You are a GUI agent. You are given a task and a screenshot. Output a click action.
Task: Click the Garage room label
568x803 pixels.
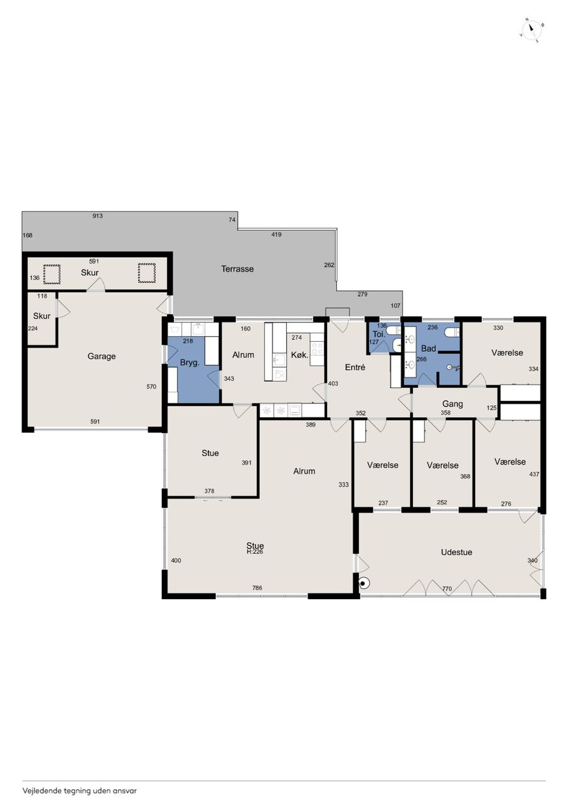coord(102,356)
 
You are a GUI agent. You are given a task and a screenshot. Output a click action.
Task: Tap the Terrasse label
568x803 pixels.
coord(237,269)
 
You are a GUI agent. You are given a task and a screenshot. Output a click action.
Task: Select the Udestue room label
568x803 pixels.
coord(456,552)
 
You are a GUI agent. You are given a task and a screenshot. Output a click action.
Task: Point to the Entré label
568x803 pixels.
coord(355,367)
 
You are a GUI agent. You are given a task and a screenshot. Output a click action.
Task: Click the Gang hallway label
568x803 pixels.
coord(453,404)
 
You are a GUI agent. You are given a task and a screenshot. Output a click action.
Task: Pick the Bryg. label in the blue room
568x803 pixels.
coord(190,363)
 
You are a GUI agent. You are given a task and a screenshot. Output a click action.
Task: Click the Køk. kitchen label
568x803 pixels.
coord(299,355)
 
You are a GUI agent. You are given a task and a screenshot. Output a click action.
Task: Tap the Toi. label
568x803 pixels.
coord(378,334)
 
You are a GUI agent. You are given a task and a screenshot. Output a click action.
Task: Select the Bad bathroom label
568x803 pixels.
coord(429,348)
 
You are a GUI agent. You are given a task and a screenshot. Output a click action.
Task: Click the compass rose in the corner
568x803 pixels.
coord(532,31)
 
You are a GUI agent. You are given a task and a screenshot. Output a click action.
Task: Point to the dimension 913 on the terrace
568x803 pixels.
coord(97,216)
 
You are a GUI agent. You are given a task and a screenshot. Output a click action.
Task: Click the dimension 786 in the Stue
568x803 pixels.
coord(257,588)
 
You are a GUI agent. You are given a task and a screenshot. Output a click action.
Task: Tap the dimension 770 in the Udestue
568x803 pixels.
coord(447,588)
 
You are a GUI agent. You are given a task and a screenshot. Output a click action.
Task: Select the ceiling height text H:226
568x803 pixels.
coord(255,551)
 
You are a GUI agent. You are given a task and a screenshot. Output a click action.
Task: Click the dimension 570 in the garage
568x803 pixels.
coord(151,386)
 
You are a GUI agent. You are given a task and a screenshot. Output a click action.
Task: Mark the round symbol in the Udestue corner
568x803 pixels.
coord(363,583)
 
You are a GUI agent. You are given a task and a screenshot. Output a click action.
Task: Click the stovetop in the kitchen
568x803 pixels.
coord(317,349)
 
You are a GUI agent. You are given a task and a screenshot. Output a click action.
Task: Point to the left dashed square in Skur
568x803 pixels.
coord(51,274)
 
